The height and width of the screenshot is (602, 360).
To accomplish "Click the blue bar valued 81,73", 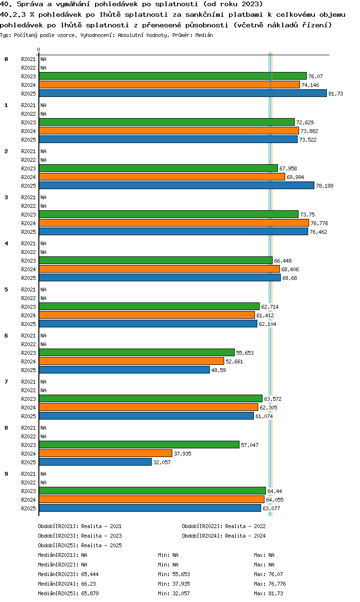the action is (x=183, y=93).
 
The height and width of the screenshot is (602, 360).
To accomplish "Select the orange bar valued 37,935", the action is (x=106, y=453).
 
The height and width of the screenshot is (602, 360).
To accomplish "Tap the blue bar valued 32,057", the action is (x=95, y=462).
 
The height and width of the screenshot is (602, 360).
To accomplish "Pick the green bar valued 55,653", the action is (x=137, y=352).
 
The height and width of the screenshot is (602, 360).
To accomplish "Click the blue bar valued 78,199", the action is (x=177, y=185).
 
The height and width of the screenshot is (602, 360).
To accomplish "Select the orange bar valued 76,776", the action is (x=174, y=223).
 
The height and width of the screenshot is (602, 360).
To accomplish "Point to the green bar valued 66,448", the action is (x=156, y=260).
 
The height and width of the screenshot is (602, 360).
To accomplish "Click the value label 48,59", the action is (x=218, y=370).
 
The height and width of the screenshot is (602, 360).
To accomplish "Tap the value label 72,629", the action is (x=305, y=122).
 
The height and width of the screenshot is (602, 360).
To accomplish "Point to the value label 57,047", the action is (x=250, y=445).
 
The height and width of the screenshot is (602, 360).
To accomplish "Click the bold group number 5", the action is (x=6, y=289).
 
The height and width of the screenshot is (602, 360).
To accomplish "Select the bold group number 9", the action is (x=6, y=474).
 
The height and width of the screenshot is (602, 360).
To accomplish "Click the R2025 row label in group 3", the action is (x=28, y=232).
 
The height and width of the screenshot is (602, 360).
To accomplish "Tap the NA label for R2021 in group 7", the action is (x=43, y=382).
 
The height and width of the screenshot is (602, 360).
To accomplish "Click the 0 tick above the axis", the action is (x=39, y=49).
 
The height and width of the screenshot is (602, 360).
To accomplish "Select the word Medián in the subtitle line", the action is (x=204, y=35).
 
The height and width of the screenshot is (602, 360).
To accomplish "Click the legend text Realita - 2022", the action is (x=245, y=526).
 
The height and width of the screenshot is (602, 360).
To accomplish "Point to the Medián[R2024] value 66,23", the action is (x=88, y=584).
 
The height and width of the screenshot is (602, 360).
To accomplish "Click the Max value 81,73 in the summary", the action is (x=276, y=593).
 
